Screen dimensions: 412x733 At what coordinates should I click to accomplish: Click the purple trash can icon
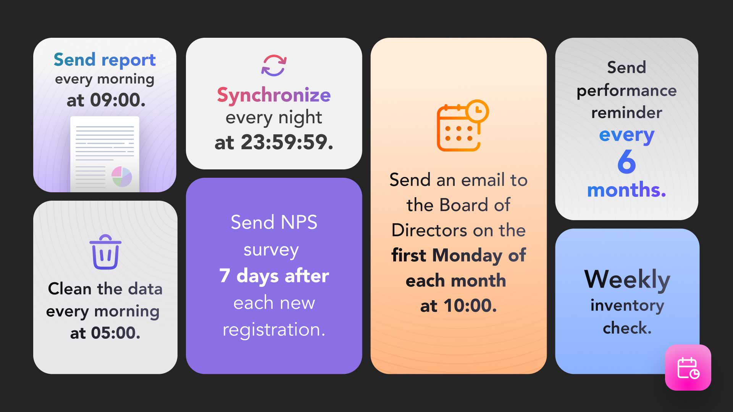pyautogui.click(x=105, y=252)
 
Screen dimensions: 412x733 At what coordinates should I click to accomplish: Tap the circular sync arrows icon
pyautogui.click(x=274, y=65)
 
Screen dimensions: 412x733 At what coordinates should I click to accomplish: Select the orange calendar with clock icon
pyautogui.click(x=462, y=126)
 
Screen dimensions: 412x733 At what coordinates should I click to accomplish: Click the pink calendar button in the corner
pyautogui.click(x=688, y=368)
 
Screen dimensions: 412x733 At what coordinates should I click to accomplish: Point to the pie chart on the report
pyautogui.click(x=122, y=177)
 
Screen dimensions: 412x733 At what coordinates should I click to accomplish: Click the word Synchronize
pyautogui.click(x=274, y=95)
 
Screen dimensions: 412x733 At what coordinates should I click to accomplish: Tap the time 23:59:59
pyautogui.click(x=286, y=142)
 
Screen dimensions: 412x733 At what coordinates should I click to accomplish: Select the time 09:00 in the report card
pyautogui.click(x=117, y=100)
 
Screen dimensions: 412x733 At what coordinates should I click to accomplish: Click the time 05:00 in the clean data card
pyautogui.click(x=115, y=333)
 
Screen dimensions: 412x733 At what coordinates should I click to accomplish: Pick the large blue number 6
pyautogui.click(x=626, y=162)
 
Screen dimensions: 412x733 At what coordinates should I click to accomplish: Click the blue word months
pyautogui.click(x=626, y=190)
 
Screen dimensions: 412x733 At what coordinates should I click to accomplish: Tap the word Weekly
pyautogui.click(x=627, y=279)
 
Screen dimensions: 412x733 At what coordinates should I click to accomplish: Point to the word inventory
pyautogui.click(x=627, y=305)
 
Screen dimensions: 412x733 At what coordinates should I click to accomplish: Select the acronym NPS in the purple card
pyautogui.click(x=299, y=222)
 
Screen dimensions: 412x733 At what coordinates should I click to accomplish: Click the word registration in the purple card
pyautogui.click(x=273, y=330)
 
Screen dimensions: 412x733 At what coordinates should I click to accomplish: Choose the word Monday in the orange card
pyautogui.click(x=467, y=255)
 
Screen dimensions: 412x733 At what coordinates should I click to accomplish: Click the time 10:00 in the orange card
pyautogui.click(x=470, y=306)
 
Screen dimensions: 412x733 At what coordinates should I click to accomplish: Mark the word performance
pyautogui.click(x=626, y=91)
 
